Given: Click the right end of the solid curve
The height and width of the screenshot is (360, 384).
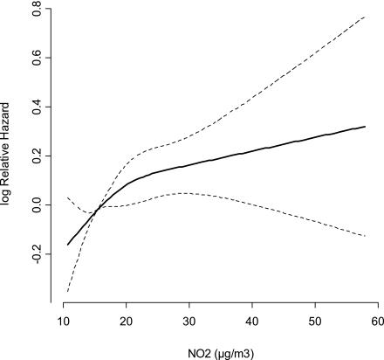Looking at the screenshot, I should pyautogui.click(x=365, y=127).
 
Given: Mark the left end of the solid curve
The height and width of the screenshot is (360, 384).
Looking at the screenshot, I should pyautogui.click(x=68, y=245).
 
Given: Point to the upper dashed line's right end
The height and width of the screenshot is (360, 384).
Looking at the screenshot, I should pyautogui.click(x=365, y=17).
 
